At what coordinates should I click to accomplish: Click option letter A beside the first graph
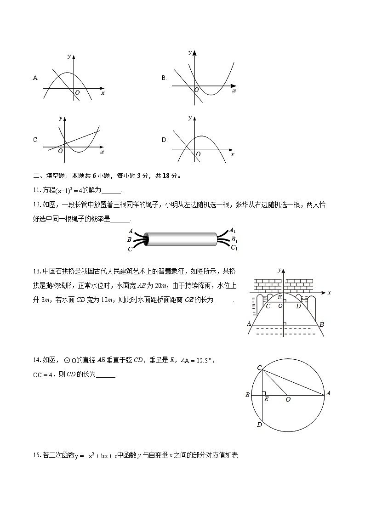pyautogui.click(x=35, y=78)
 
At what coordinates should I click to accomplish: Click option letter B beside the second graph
pyautogui.click(x=164, y=78)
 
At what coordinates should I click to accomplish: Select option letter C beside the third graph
pyautogui.click(x=35, y=140)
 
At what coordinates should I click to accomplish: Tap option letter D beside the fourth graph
pyautogui.click(x=164, y=140)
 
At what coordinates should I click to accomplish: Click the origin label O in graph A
pyautogui.click(x=77, y=92)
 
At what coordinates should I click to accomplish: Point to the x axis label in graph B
pyautogui.click(x=234, y=91)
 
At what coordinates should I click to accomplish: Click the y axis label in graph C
pyautogui.click(x=60, y=118)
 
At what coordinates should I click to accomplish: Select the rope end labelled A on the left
pyautogui.click(x=131, y=231)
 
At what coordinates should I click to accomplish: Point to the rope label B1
pyautogui.click(x=234, y=239)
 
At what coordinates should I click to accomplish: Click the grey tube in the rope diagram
pyautogui.click(x=182, y=240)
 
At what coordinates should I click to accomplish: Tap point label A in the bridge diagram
pyautogui.click(x=249, y=324)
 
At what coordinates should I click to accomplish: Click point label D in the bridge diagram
pyautogui.click(x=298, y=306)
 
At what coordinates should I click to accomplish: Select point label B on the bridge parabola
pyautogui.click(x=322, y=325)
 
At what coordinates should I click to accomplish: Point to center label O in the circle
pyautogui.click(x=288, y=400)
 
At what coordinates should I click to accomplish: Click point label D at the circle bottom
pyautogui.click(x=259, y=425)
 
